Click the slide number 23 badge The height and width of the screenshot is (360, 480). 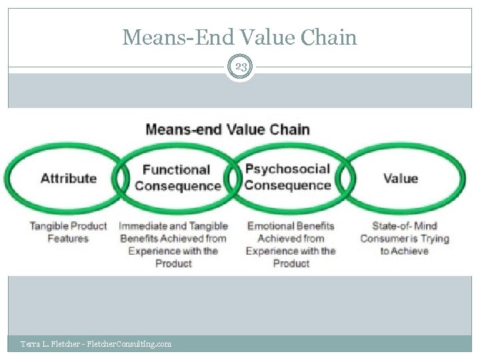[x=240, y=67]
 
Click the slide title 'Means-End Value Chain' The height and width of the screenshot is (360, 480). [x=240, y=37]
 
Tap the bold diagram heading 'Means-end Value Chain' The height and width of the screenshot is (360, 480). [x=227, y=129]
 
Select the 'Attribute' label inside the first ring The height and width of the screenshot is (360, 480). [x=68, y=178]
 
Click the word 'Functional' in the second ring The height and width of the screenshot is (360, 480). [x=176, y=170]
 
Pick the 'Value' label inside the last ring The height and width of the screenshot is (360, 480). [x=401, y=178]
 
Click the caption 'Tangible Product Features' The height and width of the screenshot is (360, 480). [x=68, y=232]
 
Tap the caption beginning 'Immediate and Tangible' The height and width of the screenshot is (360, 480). [x=173, y=244]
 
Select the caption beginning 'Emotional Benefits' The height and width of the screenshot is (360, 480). [x=291, y=244]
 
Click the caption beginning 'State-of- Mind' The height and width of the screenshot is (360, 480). [x=404, y=238]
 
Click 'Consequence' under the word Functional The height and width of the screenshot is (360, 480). [x=178, y=185]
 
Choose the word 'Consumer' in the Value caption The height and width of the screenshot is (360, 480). [x=384, y=238]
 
